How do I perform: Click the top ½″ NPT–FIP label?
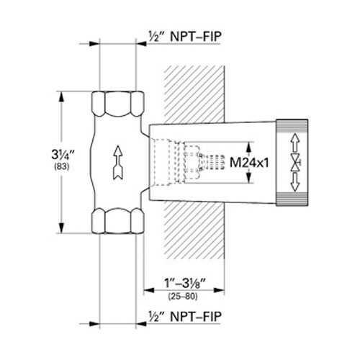click(185, 37)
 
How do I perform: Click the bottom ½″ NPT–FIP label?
click(185, 317)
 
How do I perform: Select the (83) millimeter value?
click(62, 166)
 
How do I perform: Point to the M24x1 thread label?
click(249, 163)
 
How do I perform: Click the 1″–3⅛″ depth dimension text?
click(185, 283)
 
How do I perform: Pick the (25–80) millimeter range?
click(183, 297)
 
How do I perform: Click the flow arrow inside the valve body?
click(118, 163)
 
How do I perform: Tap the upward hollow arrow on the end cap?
click(295, 142)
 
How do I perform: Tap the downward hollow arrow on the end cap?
click(295, 182)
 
